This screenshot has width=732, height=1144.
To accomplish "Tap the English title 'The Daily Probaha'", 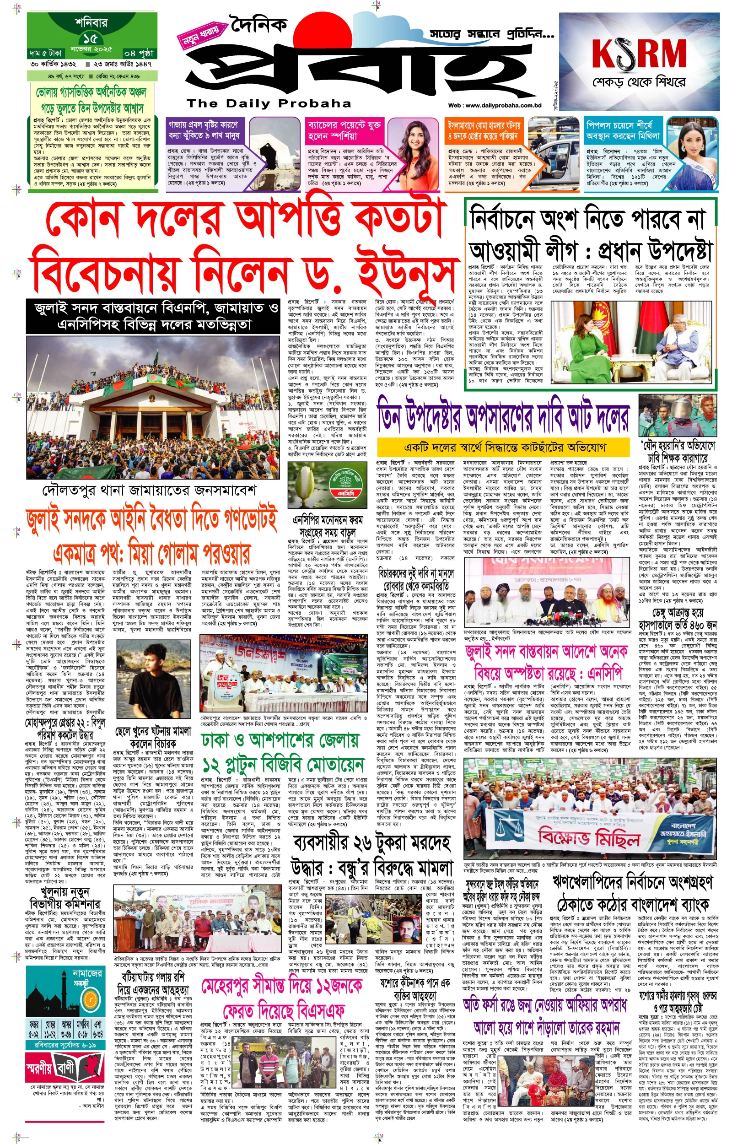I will [x=269, y=103].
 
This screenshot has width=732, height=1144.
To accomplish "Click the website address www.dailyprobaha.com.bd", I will [x=495, y=106].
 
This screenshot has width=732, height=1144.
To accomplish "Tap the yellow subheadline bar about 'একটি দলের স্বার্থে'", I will [x=504, y=447].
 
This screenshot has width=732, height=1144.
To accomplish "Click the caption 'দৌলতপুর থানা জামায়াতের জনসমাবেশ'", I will [x=149, y=490].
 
